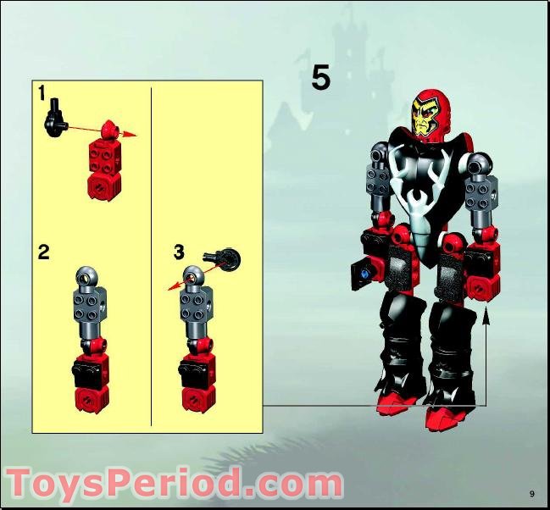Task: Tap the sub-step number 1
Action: [x=42, y=93]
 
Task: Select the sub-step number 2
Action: [x=44, y=252]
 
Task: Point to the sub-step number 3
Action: [x=179, y=252]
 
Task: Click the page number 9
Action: [x=532, y=494]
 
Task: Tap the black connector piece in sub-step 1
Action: [x=55, y=119]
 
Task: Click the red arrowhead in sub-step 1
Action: [x=131, y=135]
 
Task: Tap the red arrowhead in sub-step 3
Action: [x=172, y=286]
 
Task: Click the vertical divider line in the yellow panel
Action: [x=151, y=257]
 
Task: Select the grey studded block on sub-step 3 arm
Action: [x=196, y=304]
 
